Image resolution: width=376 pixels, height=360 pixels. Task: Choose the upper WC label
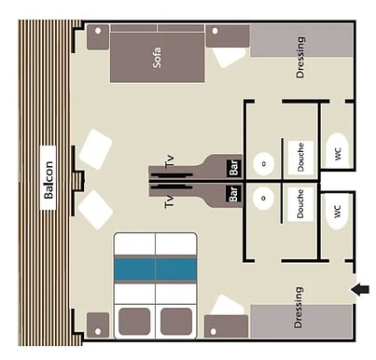[338, 152]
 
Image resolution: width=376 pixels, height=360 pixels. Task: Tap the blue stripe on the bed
[155, 269]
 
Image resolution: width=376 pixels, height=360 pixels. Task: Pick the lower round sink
[265, 196]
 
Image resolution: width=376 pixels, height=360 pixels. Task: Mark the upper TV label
[170, 162]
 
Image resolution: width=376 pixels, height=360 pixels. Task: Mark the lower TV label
[170, 201]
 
